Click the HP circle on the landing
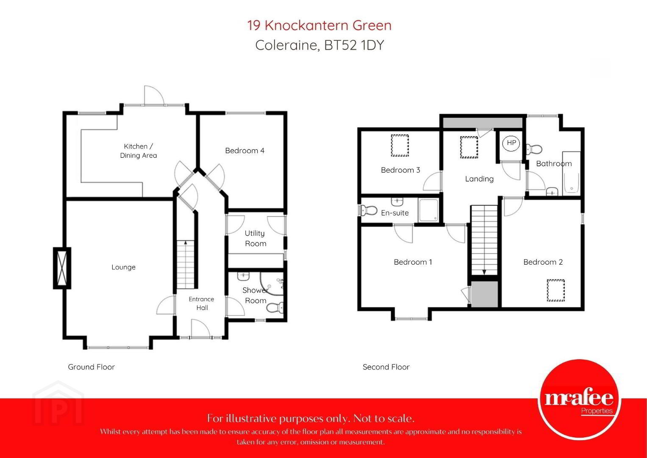point(511,143)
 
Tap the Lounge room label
point(123,267)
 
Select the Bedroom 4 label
point(244,151)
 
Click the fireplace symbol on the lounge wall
point(62,268)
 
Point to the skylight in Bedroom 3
point(400,145)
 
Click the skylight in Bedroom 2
point(556,290)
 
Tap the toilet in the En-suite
point(368,210)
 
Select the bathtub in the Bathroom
point(571,173)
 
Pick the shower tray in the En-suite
point(428,210)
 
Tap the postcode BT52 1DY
point(354,45)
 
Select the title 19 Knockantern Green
point(319,25)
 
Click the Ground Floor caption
point(91,367)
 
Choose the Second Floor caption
point(386,367)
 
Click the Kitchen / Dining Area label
point(139,151)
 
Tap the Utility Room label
point(255,238)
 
